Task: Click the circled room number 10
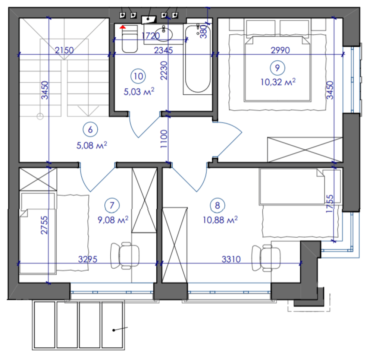point(138,76)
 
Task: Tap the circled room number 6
point(90,130)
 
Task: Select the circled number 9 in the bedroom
point(278,68)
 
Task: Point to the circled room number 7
point(112,205)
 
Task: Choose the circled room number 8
point(217,205)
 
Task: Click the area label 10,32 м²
point(278,82)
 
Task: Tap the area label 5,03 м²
point(139,91)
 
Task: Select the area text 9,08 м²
point(113,220)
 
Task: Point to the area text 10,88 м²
point(220,220)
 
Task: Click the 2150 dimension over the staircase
point(64,50)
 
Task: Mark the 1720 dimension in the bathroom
point(151,36)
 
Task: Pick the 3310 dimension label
point(231,259)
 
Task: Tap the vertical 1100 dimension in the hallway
point(164,139)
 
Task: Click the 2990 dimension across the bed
point(280,50)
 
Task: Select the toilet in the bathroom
point(130,39)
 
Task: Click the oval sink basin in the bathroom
point(163,34)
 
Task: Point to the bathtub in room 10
point(198,59)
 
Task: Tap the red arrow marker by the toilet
point(123,27)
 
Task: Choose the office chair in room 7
point(125,256)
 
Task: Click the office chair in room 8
point(266,258)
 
